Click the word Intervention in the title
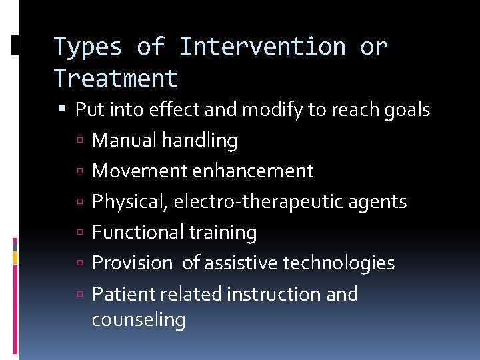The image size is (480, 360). pos(263,47)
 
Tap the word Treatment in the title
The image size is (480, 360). pos(116,79)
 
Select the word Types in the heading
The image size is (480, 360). pos(87,47)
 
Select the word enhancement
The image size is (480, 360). pos(253,171)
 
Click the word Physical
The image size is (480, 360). pos(129,201)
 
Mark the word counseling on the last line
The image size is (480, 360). pos(139,320)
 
